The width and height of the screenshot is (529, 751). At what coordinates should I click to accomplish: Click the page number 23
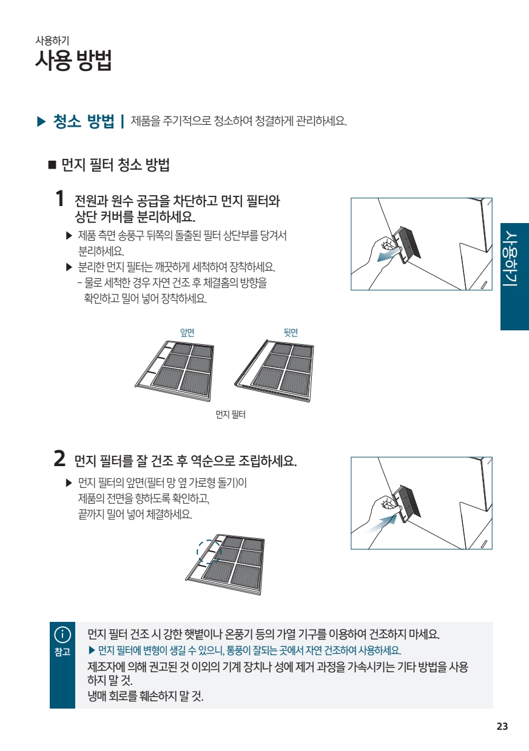502,727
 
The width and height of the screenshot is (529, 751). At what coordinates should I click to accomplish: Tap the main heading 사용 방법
73,61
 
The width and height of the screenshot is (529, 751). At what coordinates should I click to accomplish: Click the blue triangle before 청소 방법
41,121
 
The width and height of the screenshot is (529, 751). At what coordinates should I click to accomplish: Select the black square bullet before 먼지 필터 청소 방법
52,165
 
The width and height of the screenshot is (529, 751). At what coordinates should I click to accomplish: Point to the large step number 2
59,459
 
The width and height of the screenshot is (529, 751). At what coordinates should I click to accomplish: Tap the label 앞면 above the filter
187,333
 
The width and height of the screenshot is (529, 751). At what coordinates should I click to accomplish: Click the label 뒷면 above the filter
291,333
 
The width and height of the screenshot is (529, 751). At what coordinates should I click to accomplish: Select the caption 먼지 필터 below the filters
231,415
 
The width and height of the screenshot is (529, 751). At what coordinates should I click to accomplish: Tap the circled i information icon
62,635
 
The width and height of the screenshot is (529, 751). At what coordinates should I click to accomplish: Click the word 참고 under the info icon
62,652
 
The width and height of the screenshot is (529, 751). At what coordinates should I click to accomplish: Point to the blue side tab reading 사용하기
514,276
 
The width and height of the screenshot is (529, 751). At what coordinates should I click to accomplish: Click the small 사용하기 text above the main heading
52,41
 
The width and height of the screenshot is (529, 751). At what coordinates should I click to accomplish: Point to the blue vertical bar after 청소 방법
123,121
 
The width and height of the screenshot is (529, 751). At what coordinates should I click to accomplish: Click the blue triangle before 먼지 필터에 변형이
92,651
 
